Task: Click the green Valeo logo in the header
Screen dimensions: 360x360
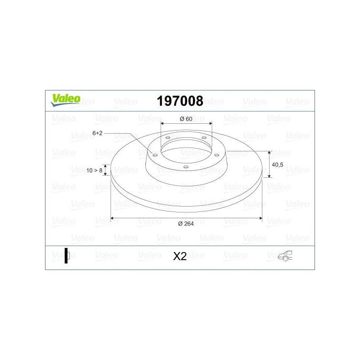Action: [65, 100]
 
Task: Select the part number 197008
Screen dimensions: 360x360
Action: [180, 101]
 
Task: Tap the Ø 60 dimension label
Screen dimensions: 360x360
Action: [186, 119]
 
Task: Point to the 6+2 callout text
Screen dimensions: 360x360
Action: [97, 133]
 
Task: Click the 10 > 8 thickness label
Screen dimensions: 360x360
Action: [94, 171]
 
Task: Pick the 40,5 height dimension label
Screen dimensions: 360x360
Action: [277, 165]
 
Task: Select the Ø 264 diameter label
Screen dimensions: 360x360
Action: [186, 224]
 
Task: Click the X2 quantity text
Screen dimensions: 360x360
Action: [180, 256]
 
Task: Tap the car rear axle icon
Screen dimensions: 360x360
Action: [285, 256]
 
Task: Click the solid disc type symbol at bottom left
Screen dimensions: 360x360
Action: [67, 256]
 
